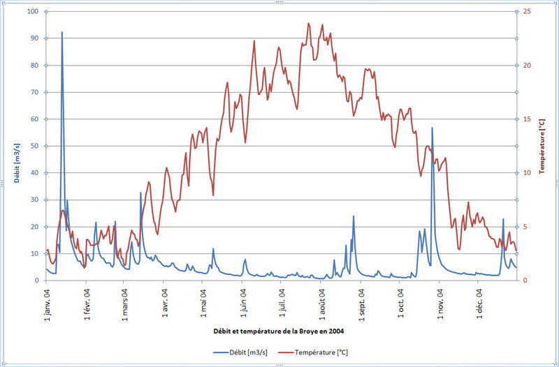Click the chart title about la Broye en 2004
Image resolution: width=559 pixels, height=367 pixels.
point(277,329)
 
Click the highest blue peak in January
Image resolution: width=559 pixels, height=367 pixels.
point(61,32)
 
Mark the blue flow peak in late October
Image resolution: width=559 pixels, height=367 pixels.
point(432,128)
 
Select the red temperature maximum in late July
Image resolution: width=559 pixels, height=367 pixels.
point(308,24)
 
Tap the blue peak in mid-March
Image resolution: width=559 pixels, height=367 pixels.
point(140,193)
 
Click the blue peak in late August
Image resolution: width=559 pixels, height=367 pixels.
point(354,216)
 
